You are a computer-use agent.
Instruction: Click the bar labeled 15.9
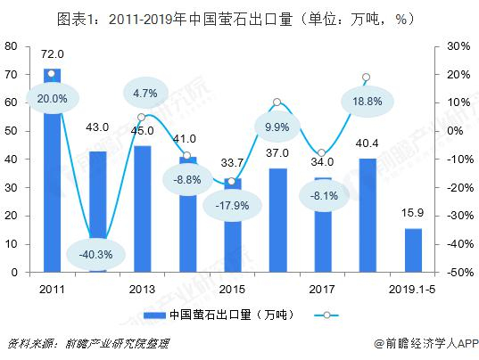(413, 250)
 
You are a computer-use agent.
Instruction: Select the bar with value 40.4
(368, 216)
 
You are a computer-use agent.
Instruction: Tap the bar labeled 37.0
(278, 220)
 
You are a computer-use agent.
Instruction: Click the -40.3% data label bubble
(96, 255)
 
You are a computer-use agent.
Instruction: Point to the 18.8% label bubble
(368, 102)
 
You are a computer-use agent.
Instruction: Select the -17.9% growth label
(232, 206)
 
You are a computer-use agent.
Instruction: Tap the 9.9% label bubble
(277, 127)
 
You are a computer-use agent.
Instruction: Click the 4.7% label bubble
(145, 93)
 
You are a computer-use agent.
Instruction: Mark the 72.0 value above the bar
(53, 54)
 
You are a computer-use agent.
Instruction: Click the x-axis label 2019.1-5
(412, 290)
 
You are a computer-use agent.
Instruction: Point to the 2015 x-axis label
(232, 290)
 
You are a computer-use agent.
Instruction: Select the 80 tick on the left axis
(12, 46)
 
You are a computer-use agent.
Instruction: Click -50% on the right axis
(460, 272)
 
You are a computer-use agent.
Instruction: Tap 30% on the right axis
(458, 46)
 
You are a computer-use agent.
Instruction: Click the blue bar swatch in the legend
(154, 315)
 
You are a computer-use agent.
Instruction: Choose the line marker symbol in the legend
(326, 315)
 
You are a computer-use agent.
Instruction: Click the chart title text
(235, 20)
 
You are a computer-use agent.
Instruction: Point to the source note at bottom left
(88, 344)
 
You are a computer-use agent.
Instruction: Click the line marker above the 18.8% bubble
(366, 78)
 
